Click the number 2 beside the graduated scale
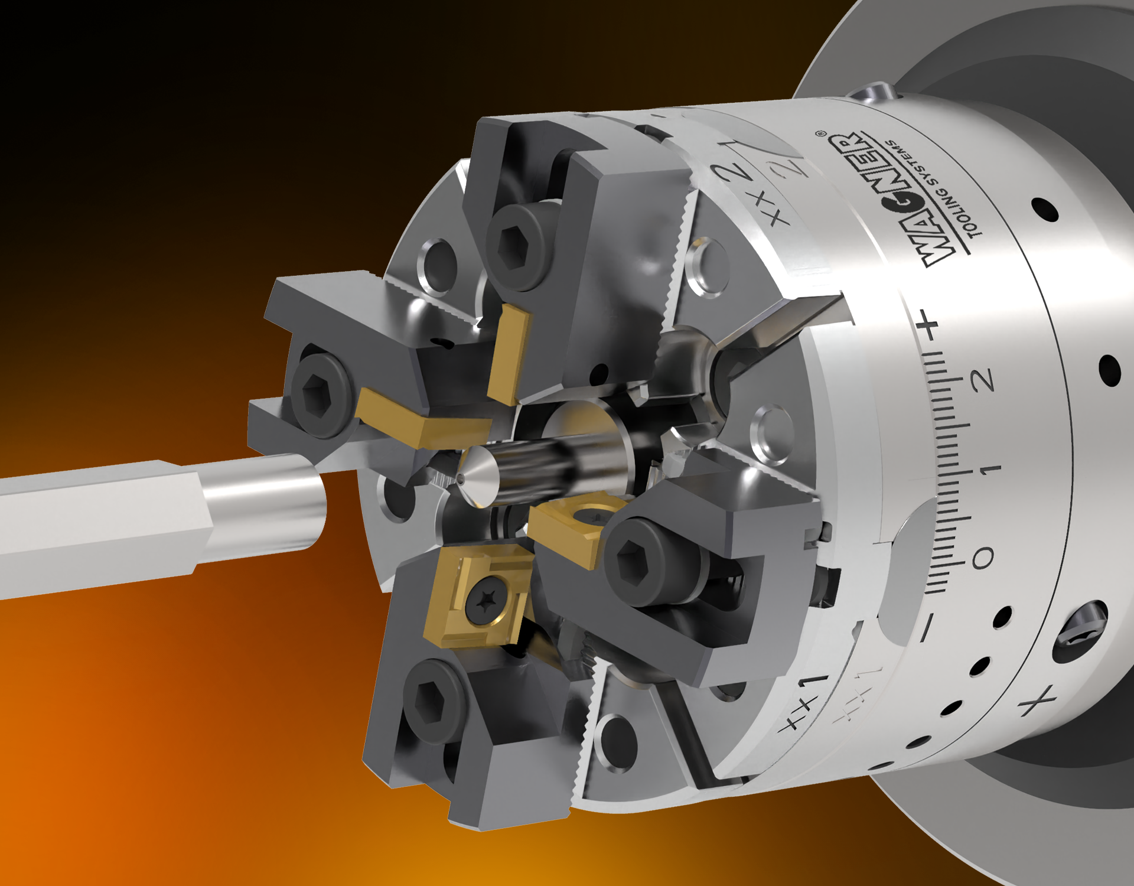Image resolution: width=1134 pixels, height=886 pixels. pyautogui.click(x=982, y=380)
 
